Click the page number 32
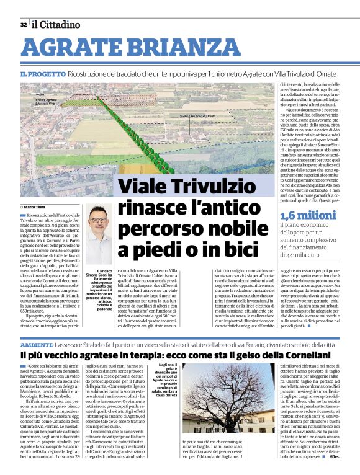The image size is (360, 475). point(24,25)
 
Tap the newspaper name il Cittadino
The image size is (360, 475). point(56,25)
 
